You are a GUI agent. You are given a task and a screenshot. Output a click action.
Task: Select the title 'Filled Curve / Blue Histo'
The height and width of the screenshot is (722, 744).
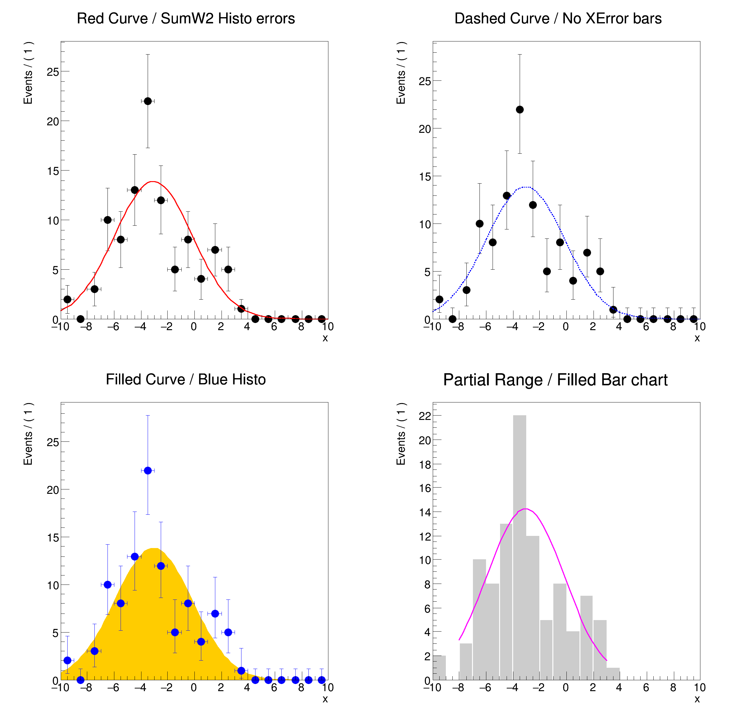point(186,379)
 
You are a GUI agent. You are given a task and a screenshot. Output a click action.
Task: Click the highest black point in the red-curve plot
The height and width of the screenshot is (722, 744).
point(148,101)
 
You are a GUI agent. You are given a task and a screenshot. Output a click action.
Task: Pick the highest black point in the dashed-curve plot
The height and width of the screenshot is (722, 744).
point(520,109)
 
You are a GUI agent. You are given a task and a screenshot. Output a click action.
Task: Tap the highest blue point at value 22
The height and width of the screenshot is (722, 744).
point(148,470)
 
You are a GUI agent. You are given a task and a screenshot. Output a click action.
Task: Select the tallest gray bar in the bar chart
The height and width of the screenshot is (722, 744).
point(520,547)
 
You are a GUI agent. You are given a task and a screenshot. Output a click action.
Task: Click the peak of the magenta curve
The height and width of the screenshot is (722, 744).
point(525,509)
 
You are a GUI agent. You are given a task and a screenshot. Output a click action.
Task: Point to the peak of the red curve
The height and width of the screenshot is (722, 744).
point(152,181)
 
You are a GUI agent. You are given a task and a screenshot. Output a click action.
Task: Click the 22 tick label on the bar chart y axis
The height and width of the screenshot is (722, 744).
point(425,416)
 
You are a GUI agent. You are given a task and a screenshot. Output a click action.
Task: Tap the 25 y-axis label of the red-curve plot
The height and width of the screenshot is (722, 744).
point(53,72)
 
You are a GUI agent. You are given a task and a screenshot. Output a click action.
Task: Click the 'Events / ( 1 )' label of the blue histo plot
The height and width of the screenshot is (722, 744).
point(28,433)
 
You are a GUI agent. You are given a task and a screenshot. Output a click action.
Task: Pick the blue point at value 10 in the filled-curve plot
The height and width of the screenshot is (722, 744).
point(107,585)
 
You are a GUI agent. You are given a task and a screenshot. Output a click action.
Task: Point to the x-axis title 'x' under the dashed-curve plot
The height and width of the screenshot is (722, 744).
point(697,338)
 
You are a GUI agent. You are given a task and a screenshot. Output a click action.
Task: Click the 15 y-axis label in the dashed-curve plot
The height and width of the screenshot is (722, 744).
point(425,177)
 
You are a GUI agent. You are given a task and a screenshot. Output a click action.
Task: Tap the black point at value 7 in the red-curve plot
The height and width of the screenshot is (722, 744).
point(215,249)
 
